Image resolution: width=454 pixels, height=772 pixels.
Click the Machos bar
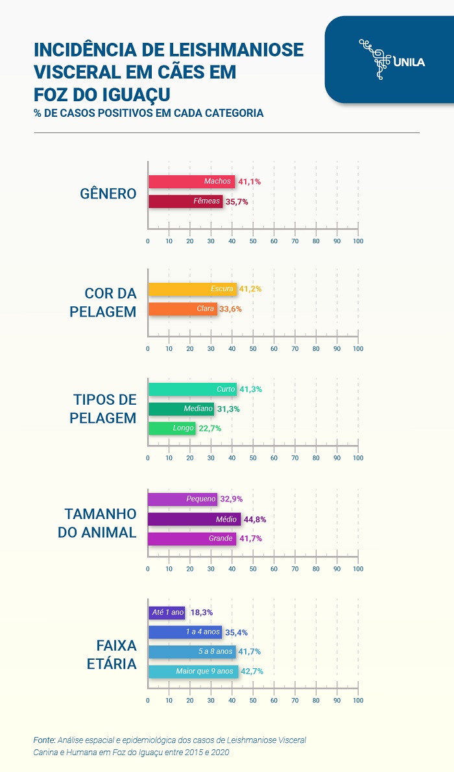click(191, 182)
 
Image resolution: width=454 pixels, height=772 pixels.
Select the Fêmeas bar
click(185, 202)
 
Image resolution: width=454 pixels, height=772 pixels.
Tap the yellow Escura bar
click(192, 289)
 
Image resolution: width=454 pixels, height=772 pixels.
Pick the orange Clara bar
click(182, 309)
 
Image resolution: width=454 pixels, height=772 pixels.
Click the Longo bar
click(172, 428)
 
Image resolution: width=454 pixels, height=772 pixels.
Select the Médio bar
click(194, 519)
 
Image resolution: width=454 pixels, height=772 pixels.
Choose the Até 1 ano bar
click(167, 612)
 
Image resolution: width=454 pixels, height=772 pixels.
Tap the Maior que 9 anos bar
click(193, 671)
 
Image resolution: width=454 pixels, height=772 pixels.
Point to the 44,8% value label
click(255, 520)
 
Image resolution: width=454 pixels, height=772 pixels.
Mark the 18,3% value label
click(202, 612)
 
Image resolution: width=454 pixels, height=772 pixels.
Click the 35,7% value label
click(237, 202)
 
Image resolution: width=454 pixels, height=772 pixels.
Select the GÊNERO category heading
click(108, 193)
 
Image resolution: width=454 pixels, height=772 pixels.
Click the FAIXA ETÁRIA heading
click(116, 655)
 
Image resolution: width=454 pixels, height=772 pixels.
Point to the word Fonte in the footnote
click(44, 740)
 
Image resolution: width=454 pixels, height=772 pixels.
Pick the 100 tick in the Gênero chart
click(357, 241)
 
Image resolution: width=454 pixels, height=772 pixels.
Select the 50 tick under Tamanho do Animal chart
click(253, 569)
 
